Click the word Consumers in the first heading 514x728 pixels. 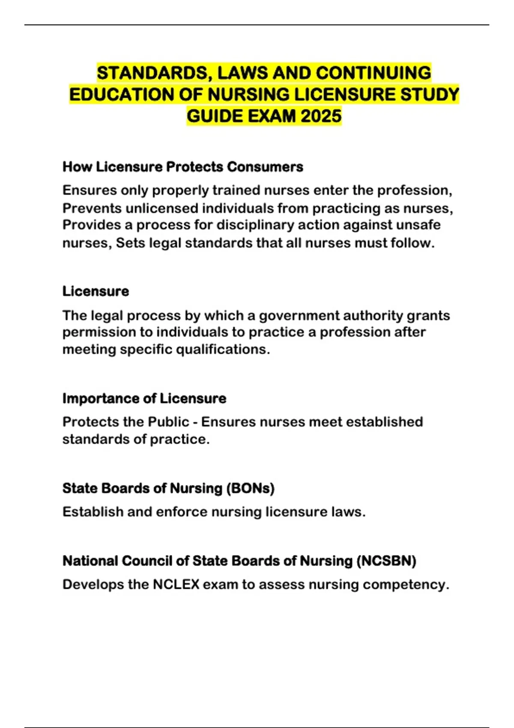[x=265, y=167]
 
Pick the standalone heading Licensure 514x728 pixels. [x=96, y=291]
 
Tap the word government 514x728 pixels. [x=299, y=316]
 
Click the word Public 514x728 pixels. [x=168, y=422]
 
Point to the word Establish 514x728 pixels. [x=93, y=512]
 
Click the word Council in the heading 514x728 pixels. [x=147, y=561]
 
